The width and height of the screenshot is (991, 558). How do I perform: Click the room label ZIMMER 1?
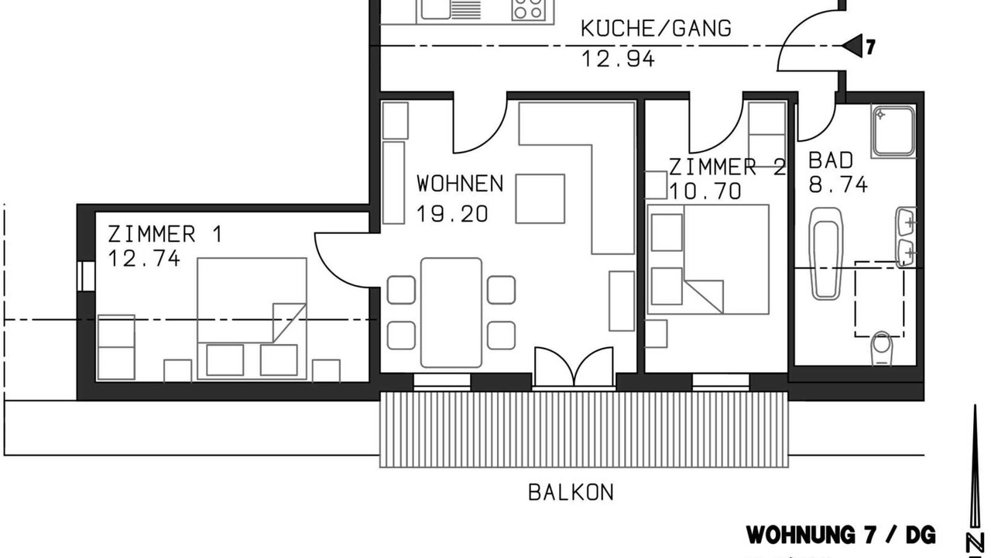tap(165, 234)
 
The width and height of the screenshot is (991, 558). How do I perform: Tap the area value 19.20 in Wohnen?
tap(452, 214)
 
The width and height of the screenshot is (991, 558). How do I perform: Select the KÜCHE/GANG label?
tap(656, 29)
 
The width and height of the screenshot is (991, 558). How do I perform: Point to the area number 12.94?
tap(618, 58)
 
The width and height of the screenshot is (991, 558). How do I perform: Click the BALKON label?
tap(571, 492)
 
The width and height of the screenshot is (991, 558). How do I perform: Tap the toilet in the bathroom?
tap(882, 349)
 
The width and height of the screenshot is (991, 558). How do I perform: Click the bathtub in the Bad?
tap(825, 253)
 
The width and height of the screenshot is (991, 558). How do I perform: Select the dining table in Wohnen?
tap(451, 312)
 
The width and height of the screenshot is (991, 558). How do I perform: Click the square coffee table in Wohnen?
tap(540, 198)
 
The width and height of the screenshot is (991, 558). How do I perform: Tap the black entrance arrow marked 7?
tap(852, 46)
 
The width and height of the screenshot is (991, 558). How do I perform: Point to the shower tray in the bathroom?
tap(893, 131)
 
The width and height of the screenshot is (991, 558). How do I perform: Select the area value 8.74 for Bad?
tap(838, 184)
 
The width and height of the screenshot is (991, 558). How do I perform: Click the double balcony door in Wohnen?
tap(574, 367)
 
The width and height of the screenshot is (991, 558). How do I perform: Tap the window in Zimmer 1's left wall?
tap(86, 277)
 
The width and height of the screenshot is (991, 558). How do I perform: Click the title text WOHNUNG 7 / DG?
tap(841, 535)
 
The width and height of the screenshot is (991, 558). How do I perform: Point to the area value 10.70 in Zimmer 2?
tap(705, 191)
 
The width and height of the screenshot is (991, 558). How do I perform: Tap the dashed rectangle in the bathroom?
tap(880, 299)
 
